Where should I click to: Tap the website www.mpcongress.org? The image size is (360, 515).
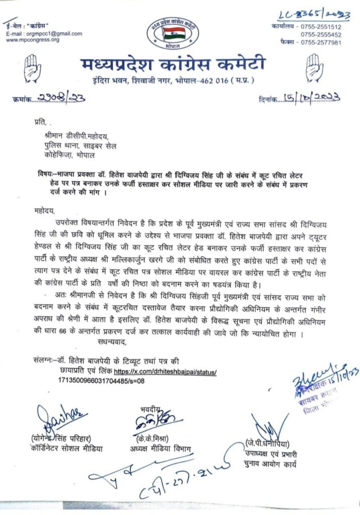[33, 40]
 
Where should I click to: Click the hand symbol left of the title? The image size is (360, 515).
[34, 68]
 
